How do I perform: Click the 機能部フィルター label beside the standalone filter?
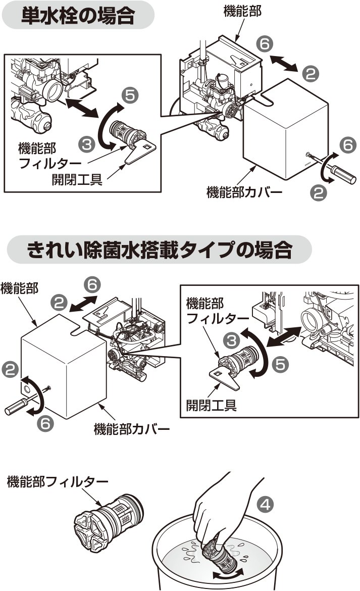click(58, 481)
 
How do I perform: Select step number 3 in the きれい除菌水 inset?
click(232, 340)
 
